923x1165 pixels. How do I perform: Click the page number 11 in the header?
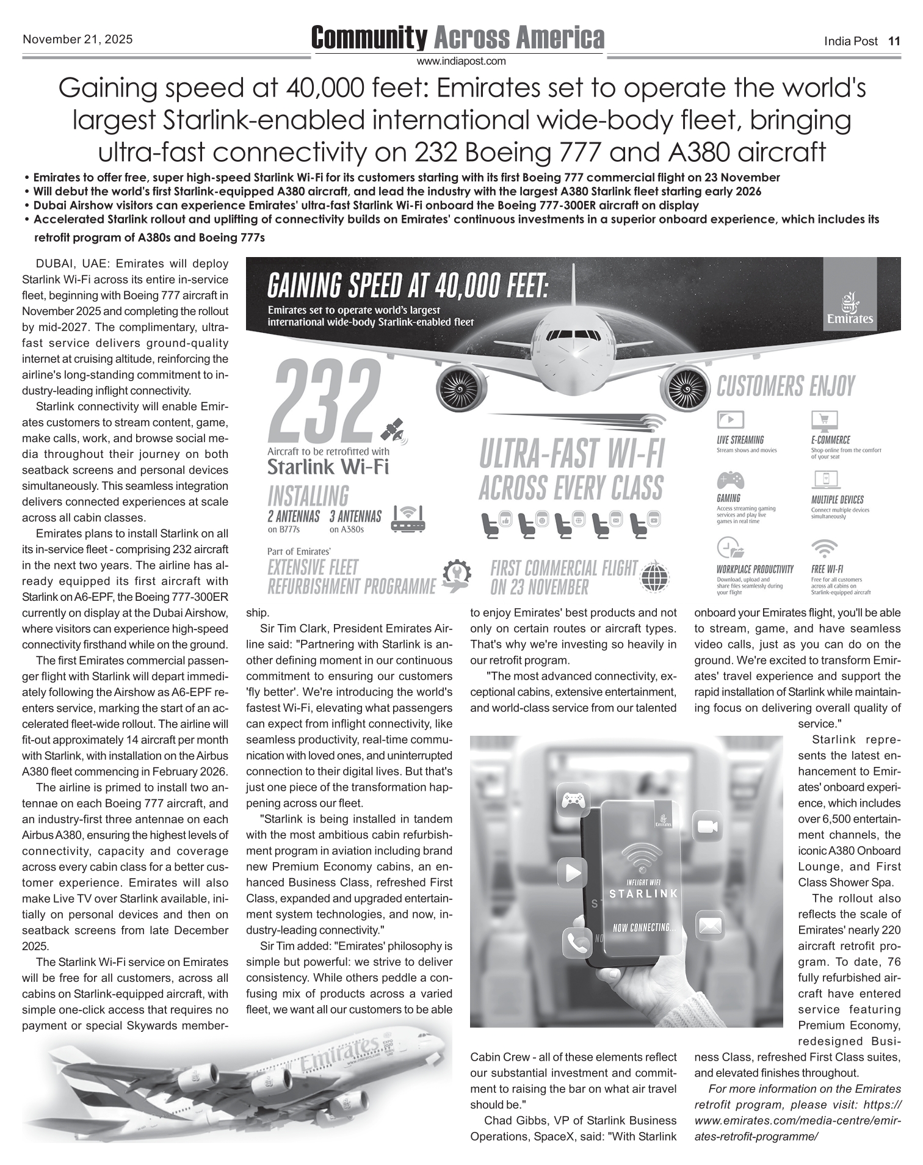[x=894, y=42]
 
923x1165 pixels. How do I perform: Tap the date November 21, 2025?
[x=78, y=40]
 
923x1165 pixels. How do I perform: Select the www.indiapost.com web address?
[x=461, y=61]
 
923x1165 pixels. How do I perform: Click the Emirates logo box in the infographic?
[x=850, y=294]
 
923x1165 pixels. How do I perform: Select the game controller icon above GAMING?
[x=730, y=479]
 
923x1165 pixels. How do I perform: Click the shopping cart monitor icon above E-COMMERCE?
[x=824, y=421]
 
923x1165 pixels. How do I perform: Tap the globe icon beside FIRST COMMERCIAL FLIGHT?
[x=656, y=575]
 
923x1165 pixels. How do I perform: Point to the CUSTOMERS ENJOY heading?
[x=786, y=387]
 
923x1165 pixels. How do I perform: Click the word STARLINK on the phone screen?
[x=643, y=894]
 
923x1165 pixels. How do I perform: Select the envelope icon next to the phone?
[x=709, y=925]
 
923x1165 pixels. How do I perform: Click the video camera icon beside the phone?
[x=708, y=827]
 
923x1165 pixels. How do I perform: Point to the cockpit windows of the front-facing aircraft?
[x=573, y=335]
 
